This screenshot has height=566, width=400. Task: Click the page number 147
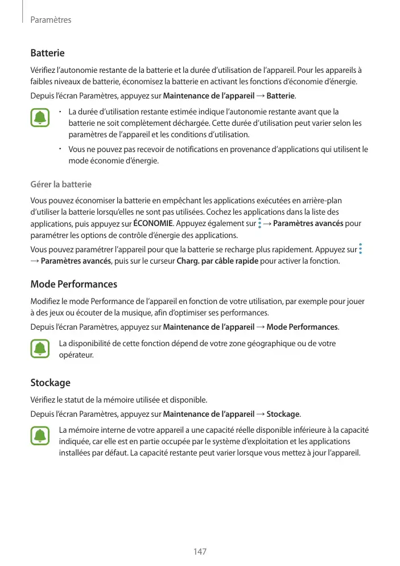pos(200,552)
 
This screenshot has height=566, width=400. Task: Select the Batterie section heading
pos(47,53)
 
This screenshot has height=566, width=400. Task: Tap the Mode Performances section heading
pos(73,284)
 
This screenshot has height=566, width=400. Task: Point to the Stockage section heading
pos(50,383)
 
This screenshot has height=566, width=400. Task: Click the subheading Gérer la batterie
pos(60,184)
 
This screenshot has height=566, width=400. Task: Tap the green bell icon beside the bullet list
pos(40,118)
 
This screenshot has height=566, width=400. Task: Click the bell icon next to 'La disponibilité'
pos(40,349)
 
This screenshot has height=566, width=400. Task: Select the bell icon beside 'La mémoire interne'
pos(40,437)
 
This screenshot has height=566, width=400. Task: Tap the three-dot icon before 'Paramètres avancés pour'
pos(259,223)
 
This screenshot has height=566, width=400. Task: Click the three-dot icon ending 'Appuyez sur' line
pos(361,249)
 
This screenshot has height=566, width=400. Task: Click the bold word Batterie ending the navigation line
pos(281,95)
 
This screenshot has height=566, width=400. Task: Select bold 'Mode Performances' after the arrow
pos(302,327)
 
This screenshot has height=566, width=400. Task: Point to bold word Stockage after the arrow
pos(282,413)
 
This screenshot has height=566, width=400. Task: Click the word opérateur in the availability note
pos(76,355)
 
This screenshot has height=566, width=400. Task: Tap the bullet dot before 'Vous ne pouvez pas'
pos(60,149)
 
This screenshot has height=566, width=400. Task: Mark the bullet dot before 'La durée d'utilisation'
pos(60,110)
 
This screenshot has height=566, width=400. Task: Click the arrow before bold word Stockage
pos(260,413)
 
